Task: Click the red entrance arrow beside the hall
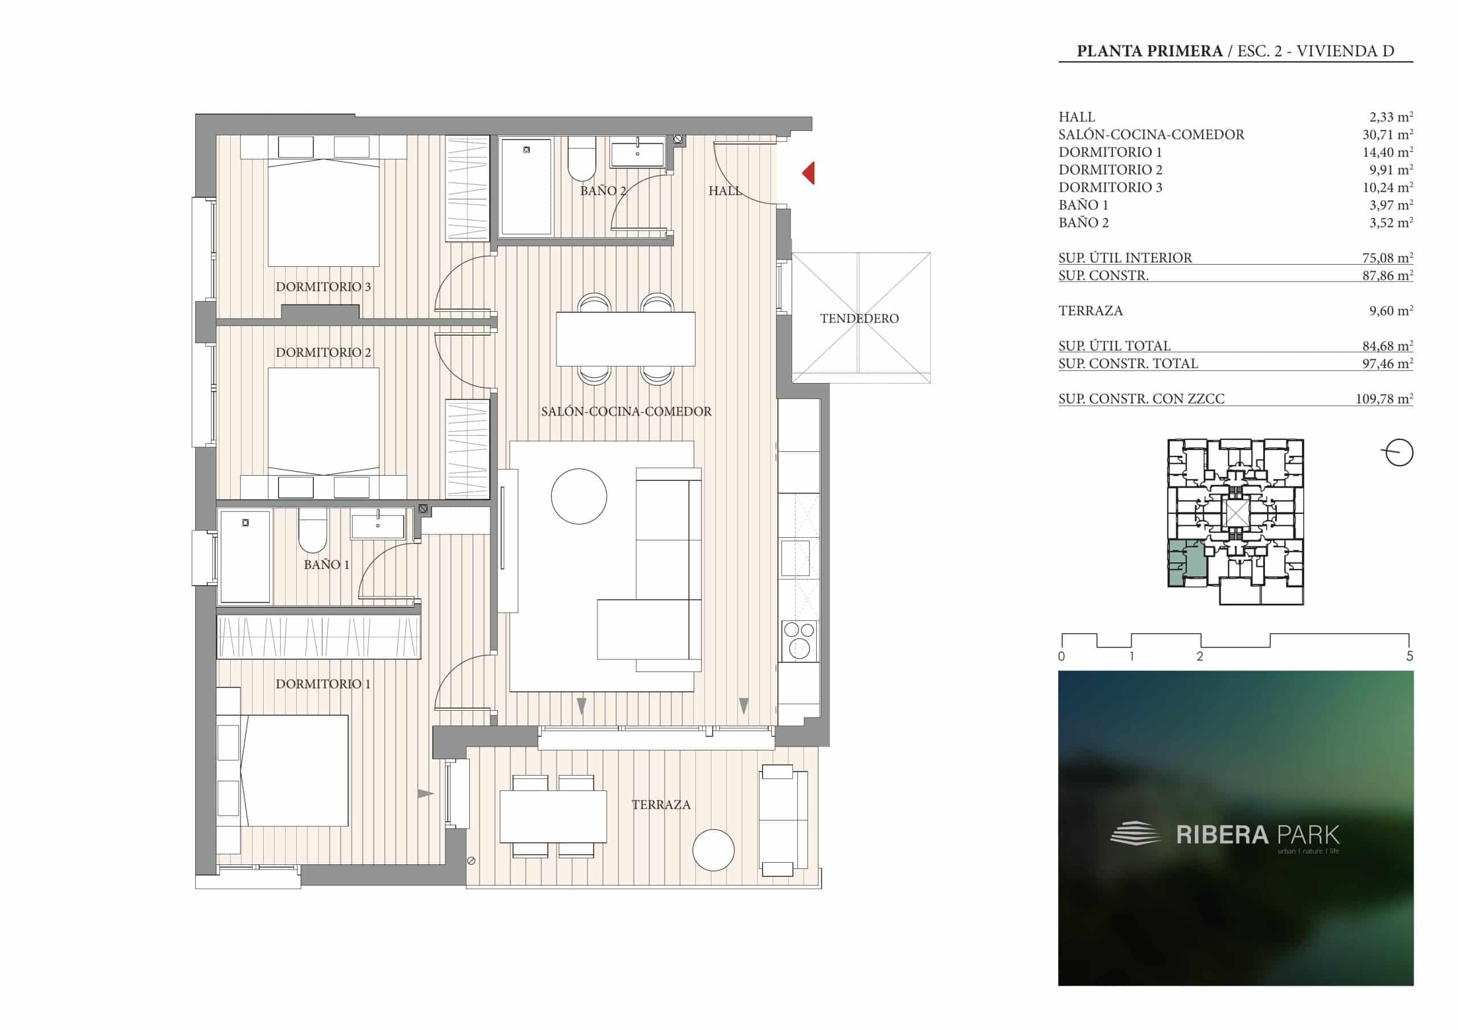[x=808, y=173]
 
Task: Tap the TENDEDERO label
[x=859, y=319]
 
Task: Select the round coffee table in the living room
[x=579, y=496]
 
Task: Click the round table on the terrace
[x=713, y=850]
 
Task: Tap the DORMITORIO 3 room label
[x=323, y=287]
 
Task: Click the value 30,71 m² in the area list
[x=1387, y=134]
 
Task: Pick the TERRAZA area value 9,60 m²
[x=1391, y=310]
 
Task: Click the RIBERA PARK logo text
[x=1258, y=835]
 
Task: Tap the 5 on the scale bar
[x=1410, y=656]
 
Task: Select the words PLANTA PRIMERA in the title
[x=1150, y=51]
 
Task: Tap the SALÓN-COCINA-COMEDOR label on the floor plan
[x=626, y=412]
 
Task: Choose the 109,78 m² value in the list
[x=1385, y=398]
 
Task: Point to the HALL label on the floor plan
[x=724, y=191]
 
